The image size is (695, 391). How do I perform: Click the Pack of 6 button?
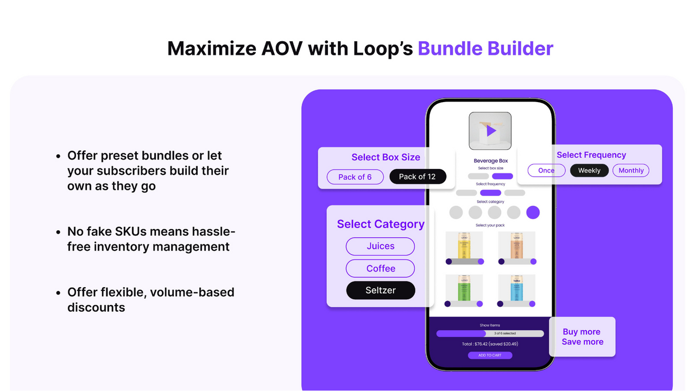coord(355,177)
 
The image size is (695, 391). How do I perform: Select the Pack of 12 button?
coord(417,177)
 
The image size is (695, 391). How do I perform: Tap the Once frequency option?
coord(546,171)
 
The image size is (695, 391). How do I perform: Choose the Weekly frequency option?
coord(589,171)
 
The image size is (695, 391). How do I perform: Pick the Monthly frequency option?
coord(631,171)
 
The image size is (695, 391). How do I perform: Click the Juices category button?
coord(380,246)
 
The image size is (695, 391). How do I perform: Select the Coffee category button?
coord(380,268)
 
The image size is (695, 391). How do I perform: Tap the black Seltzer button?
coord(380,291)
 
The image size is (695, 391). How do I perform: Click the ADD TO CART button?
coord(490,355)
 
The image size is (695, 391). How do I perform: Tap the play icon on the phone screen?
coord(490,131)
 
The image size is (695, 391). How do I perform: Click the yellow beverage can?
coord(464,245)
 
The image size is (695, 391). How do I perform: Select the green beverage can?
coord(464,288)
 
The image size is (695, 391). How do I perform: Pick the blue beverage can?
coord(516,288)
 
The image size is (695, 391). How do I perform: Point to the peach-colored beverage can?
coord(516,245)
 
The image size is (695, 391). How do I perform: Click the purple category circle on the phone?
coord(533,212)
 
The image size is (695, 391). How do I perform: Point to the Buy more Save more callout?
coord(582,337)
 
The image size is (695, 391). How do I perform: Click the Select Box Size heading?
coord(386,157)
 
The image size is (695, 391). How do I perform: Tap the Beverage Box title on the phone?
coord(490,161)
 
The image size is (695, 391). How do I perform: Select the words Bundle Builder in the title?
coord(485,48)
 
